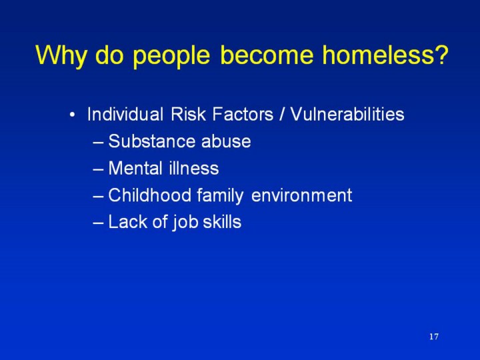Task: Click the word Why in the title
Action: (61, 56)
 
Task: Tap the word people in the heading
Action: (171, 56)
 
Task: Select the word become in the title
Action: (267, 55)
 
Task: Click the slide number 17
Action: (434, 337)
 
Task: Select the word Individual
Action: (125, 114)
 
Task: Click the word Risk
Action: (187, 114)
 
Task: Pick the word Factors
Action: (243, 114)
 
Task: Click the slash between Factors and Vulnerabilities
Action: (281, 114)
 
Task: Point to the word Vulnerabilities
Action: (347, 114)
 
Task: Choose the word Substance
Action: (151, 141)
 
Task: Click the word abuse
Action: (226, 141)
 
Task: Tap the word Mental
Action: (135, 168)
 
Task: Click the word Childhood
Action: (150, 195)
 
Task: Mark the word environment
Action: (301, 195)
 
